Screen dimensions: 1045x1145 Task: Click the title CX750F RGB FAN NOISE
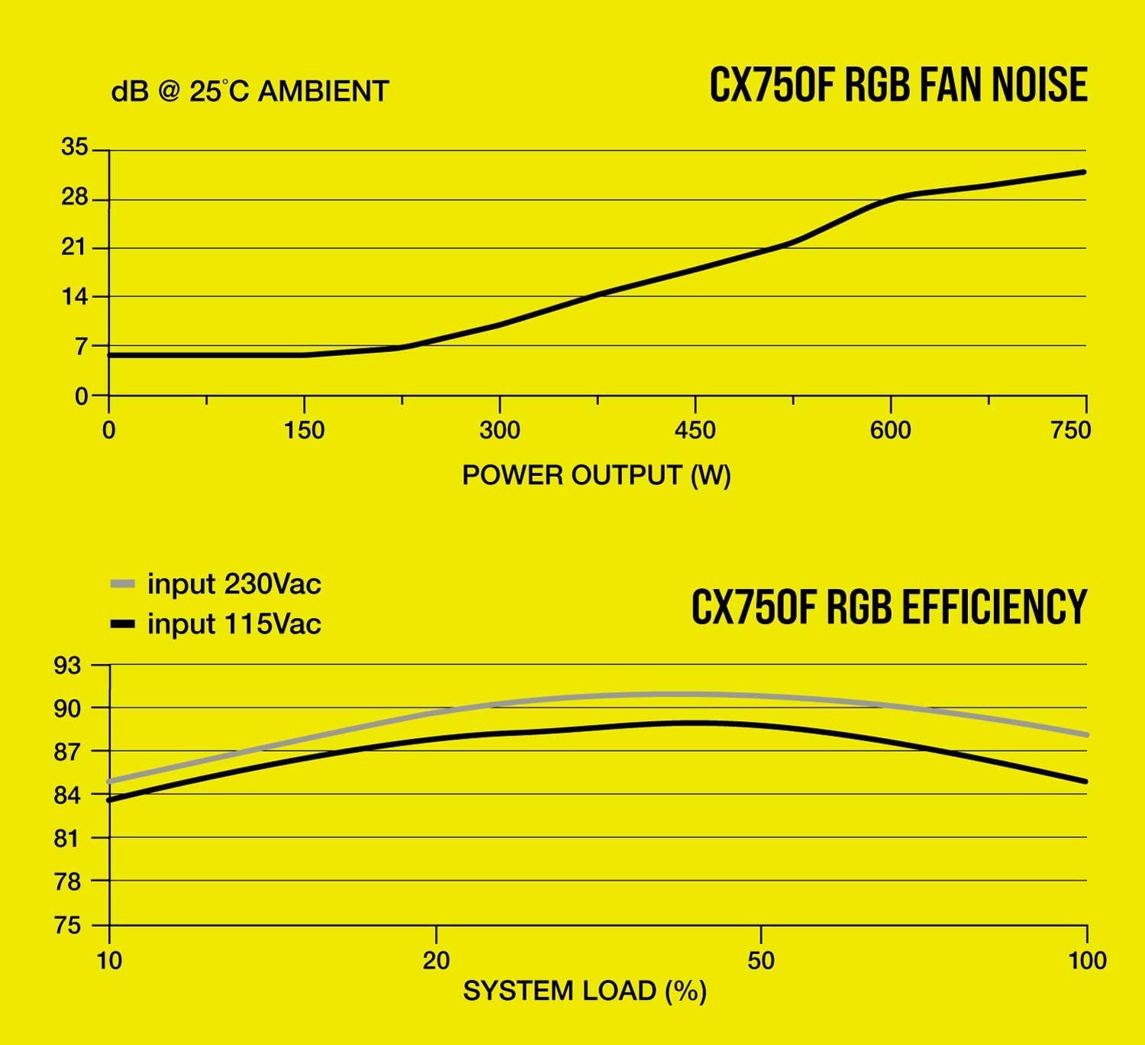tap(898, 84)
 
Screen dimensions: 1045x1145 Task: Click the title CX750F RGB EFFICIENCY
tap(889, 607)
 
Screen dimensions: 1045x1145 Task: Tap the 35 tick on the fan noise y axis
tap(75, 147)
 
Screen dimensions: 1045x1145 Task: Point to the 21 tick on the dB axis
tap(75, 248)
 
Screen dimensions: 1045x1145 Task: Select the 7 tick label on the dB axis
tap(81, 347)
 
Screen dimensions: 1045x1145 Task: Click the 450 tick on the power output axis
tap(695, 430)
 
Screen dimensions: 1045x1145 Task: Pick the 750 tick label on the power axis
tap(1070, 430)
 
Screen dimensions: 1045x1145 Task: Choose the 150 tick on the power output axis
tap(304, 430)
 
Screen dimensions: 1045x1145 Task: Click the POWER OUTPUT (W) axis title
tap(596, 475)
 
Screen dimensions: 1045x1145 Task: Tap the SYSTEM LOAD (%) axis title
tap(585, 991)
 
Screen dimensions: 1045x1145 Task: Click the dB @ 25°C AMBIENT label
tap(250, 91)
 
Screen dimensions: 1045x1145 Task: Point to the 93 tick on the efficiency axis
tap(67, 666)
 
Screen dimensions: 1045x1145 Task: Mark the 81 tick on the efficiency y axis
tap(67, 839)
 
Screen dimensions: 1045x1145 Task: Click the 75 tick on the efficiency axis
tap(67, 926)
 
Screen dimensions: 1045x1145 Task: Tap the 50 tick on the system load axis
tap(761, 959)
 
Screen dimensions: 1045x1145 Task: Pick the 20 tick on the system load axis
tap(436, 959)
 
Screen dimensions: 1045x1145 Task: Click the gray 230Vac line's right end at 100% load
tap(1085, 734)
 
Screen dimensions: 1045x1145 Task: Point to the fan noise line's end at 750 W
tap(1083, 172)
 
